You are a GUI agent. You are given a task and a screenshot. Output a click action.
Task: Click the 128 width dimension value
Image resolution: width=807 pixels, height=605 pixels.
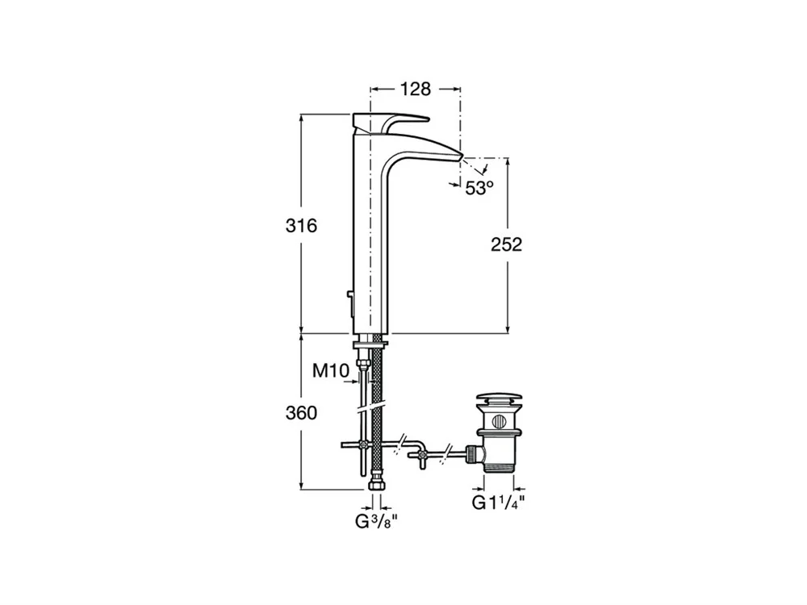pyautogui.click(x=416, y=89)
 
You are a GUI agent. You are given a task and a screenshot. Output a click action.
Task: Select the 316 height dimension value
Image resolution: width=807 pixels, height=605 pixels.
pyautogui.click(x=302, y=225)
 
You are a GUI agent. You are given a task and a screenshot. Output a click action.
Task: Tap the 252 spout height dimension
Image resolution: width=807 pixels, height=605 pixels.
pyautogui.click(x=507, y=244)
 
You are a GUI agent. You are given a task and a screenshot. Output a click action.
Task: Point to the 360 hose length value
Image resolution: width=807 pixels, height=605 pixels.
pyautogui.click(x=302, y=412)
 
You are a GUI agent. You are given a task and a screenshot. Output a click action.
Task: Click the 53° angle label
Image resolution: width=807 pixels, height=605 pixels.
pyautogui.click(x=479, y=188)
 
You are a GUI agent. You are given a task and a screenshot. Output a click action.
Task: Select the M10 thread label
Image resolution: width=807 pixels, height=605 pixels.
pyautogui.click(x=331, y=370)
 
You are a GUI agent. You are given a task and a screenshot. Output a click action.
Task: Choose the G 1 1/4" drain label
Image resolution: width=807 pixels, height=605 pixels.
pyautogui.click(x=499, y=503)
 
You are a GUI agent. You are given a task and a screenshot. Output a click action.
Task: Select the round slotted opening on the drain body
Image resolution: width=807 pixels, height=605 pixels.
pyautogui.click(x=500, y=421)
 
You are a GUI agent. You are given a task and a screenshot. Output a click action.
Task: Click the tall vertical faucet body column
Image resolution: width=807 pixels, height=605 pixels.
pyautogui.click(x=370, y=232)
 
